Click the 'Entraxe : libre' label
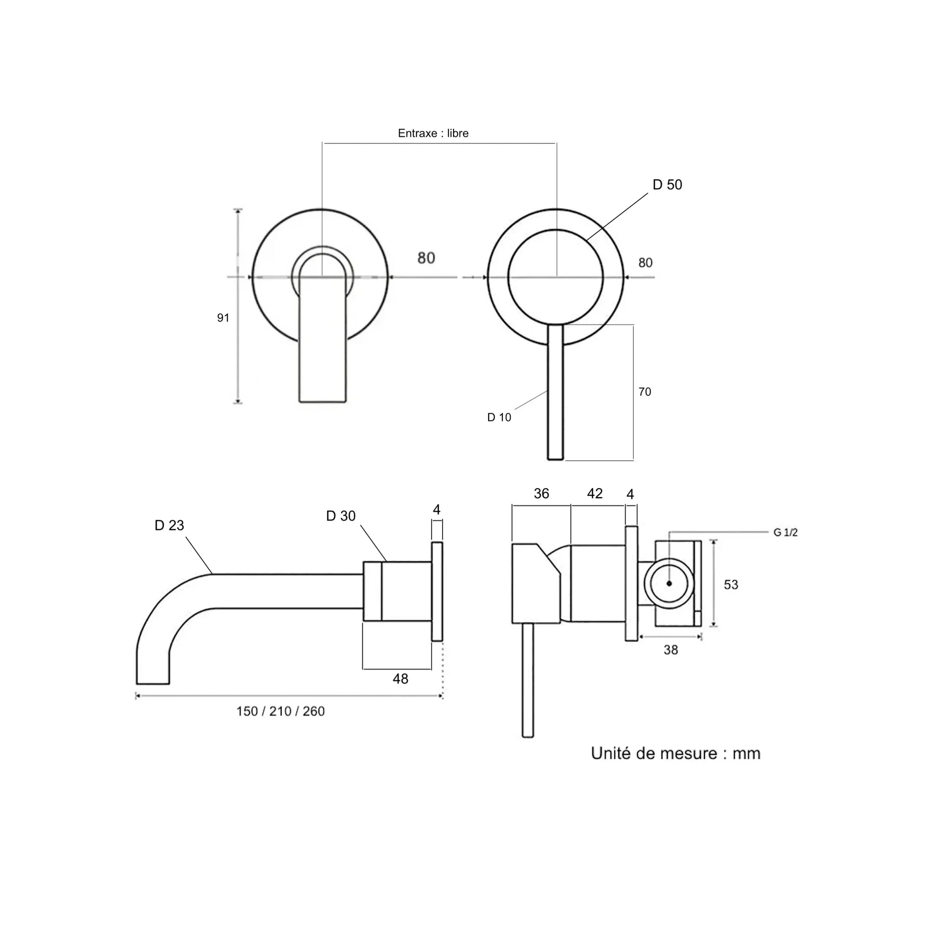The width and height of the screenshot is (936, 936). click(433, 133)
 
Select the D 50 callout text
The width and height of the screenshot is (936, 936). click(667, 185)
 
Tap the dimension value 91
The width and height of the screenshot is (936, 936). click(223, 318)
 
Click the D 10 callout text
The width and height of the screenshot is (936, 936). click(499, 417)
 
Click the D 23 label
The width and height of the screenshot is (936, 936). click(169, 525)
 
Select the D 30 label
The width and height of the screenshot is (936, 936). click(341, 516)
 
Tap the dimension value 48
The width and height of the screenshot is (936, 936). click(400, 679)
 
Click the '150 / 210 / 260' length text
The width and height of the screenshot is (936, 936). click(280, 711)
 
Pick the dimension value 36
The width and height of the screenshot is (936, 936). click(541, 494)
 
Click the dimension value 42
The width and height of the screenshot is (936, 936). click(594, 494)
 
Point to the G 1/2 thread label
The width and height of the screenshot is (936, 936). click(785, 532)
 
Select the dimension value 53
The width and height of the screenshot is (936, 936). click(731, 585)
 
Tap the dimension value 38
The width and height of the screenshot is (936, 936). click(671, 650)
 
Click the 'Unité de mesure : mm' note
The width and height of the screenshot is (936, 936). click(675, 753)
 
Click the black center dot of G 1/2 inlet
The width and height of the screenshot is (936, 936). click(670, 583)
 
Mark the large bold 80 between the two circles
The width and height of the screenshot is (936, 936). click(426, 258)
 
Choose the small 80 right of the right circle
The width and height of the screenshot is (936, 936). click(645, 263)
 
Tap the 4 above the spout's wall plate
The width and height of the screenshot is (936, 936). click(437, 510)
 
